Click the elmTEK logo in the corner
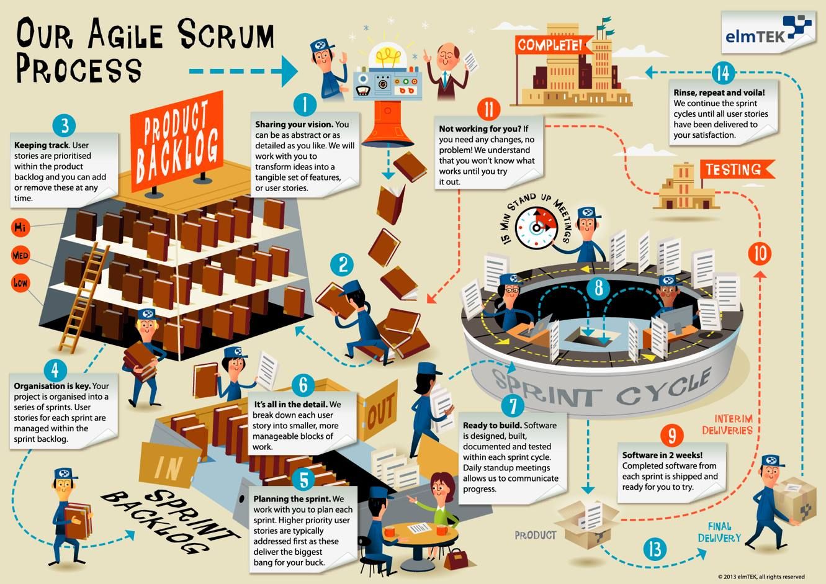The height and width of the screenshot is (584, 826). (x=768, y=32)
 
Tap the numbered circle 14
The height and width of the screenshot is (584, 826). (x=723, y=73)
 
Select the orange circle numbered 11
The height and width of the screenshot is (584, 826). (x=488, y=109)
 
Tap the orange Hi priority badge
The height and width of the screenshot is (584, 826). (x=20, y=227)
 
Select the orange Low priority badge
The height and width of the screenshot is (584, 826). (x=20, y=283)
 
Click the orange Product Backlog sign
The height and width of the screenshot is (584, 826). (x=177, y=142)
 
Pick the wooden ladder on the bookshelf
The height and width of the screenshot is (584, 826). (x=84, y=298)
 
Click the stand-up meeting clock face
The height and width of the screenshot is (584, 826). (x=537, y=228)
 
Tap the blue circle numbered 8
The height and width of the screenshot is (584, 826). (x=599, y=287)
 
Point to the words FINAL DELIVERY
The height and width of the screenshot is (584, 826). (x=719, y=532)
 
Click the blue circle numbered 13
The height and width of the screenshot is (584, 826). (x=655, y=549)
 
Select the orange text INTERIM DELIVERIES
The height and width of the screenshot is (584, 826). (x=727, y=425)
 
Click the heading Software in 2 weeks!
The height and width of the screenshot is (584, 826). (x=663, y=455)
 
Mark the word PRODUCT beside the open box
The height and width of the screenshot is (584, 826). (x=536, y=535)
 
